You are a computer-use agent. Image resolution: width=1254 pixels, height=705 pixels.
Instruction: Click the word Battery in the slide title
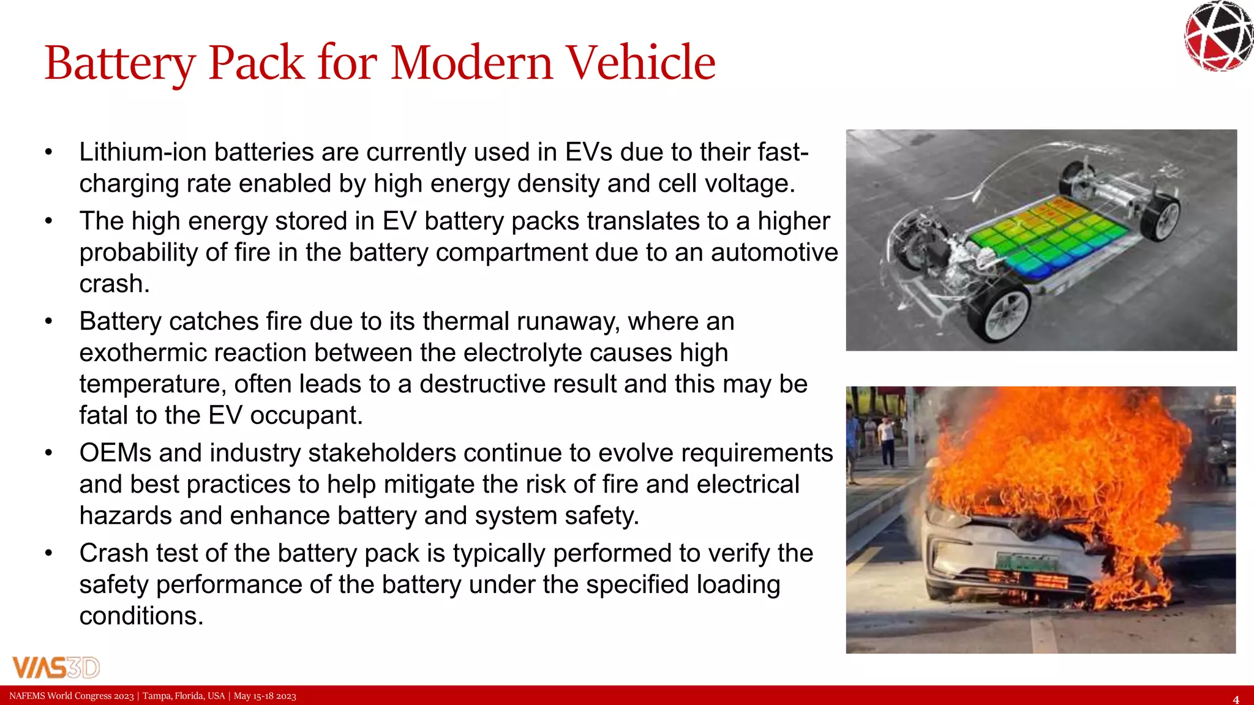pyautogui.click(x=120, y=63)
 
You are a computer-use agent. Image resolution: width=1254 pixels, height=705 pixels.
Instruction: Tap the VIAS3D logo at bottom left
pyautogui.click(x=56, y=667)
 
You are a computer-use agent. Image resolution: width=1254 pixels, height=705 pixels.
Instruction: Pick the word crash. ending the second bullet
pyautogui.click(x=115, y=284)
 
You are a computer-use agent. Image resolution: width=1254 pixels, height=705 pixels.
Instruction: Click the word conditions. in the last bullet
pyautogui.click(x=141, y=616)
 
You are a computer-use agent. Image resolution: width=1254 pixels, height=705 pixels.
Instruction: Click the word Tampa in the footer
pyautogui.click(x=157, y=696)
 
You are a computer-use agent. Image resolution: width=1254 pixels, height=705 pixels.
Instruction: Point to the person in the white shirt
pyautogui.click(x=885, y=438)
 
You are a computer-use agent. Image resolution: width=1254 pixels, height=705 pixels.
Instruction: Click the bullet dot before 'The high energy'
pyautogui.click(x=49, y=221)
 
